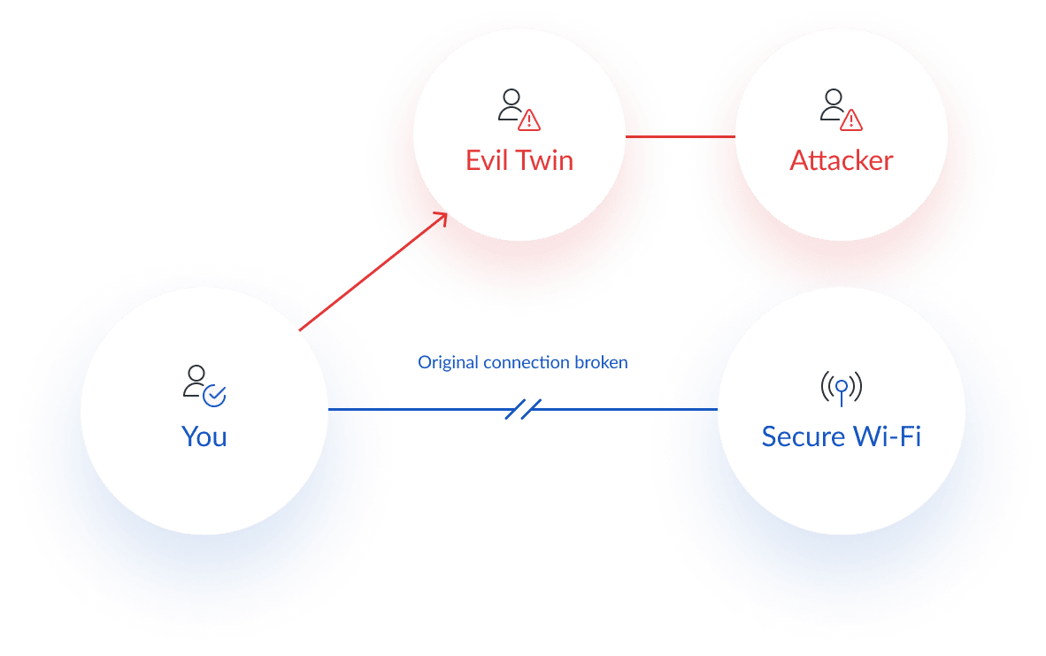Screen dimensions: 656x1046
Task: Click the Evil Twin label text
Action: click(519, 160)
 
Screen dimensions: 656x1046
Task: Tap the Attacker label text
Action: click(841, 160)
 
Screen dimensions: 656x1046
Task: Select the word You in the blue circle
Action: click(204, 436)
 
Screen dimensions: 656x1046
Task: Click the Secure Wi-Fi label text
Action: click(841, 436)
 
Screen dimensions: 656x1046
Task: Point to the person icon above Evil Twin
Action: click(511, 104)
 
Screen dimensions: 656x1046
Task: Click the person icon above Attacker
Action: click(833, 104)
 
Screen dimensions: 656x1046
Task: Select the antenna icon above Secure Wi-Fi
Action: click(841, 387)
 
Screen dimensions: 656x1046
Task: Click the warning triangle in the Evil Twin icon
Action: click(529, 120)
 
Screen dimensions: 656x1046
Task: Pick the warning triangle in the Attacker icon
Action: click(850, 120)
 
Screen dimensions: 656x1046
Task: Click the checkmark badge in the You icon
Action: click(214, 396)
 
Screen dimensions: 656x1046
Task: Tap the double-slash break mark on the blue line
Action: click(523, 409)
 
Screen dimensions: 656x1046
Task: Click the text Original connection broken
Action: click(522, 363)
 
